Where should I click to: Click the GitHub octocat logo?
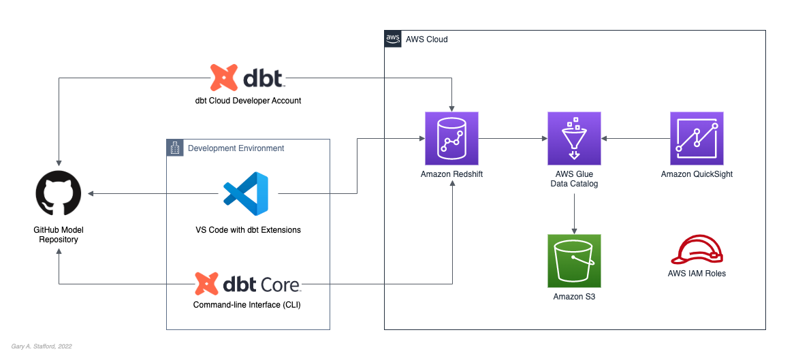tap(58, 194)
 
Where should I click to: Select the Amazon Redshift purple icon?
tap(451, 139)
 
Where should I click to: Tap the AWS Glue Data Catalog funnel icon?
tap(574, 139)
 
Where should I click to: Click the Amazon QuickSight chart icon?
tap(697, 139)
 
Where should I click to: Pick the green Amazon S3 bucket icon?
tap(574, 261)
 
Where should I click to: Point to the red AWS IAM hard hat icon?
tap(697, 250)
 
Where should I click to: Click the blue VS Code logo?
tap(246, 194)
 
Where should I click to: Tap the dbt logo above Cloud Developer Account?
tap(247, 78)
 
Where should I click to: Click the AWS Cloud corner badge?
tap(393, 39)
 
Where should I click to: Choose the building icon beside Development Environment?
tap(175, 148)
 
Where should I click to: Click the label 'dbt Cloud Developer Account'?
tap(248, 101)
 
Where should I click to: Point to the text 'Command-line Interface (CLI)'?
tap(247, 305)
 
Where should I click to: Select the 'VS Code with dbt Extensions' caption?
tap(248, 230)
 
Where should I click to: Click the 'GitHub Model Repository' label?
tap(58, 235)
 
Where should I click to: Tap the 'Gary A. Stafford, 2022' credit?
tap(42, 346)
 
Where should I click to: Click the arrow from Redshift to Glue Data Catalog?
tap(513, 139)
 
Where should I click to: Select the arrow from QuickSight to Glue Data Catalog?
tap(635, 139)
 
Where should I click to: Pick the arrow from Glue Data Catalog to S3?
tap(574, 212)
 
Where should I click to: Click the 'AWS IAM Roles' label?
tap(697, 274)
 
